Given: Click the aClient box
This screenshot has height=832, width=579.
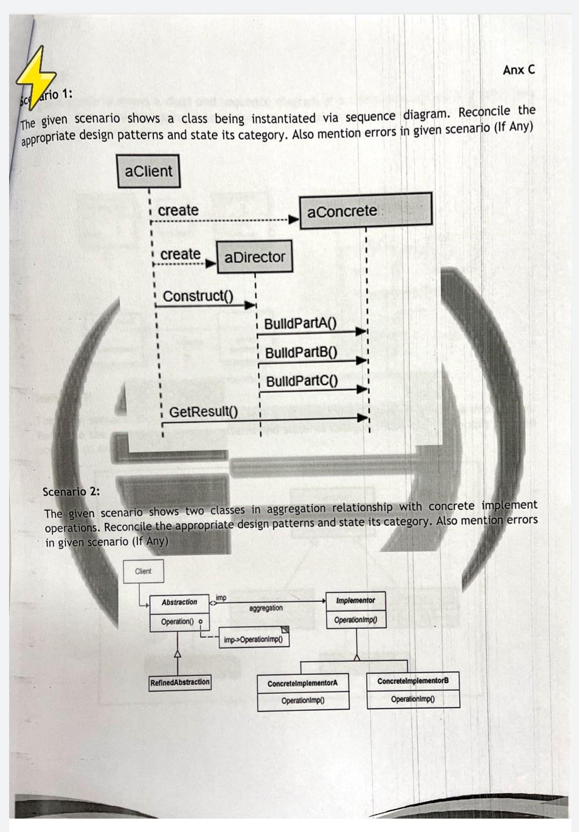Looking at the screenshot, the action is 149,171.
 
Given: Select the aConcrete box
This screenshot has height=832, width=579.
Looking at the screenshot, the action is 365,211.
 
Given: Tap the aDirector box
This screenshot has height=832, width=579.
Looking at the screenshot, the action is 255,257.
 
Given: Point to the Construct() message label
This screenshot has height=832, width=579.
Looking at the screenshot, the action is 198,296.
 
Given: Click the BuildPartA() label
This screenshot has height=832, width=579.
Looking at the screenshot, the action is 300,323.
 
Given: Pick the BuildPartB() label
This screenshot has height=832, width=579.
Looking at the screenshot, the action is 301,352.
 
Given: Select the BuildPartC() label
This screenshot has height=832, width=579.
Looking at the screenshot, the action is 302,381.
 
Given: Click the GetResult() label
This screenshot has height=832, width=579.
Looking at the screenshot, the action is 203,412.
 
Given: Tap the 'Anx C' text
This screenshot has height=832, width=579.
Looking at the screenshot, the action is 518,70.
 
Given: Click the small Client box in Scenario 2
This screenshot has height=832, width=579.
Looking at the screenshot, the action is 143,571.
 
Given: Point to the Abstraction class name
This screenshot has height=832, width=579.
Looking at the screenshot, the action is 179,602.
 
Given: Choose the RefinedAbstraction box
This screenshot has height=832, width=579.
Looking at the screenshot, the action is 180,682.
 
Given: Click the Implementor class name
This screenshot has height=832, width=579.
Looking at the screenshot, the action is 355,601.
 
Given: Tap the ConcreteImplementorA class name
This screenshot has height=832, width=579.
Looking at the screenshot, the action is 302,684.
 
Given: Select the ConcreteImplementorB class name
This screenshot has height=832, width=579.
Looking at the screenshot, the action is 413,681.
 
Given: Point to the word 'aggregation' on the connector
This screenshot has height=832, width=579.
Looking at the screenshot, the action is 266,608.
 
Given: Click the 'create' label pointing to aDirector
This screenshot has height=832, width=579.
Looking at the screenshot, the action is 180,254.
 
